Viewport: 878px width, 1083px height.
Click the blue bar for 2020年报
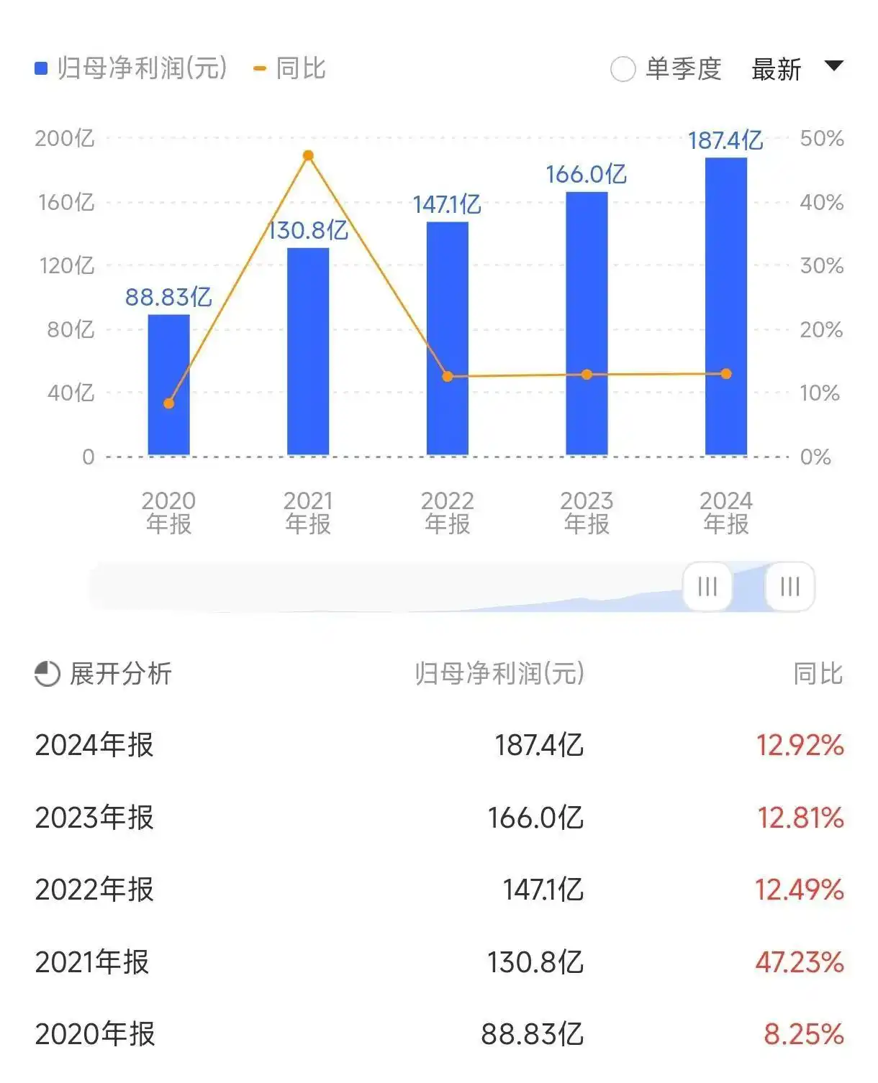[x=168, y=385]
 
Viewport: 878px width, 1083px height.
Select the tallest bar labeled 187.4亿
[x=725, y=306]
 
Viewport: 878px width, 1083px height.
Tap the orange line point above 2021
[x=308, y=155]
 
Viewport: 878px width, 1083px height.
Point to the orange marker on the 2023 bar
[x=587, y=375]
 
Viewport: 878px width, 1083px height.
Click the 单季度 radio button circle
[x=623, y=70]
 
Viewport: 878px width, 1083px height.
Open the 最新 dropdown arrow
[x=833, y=66]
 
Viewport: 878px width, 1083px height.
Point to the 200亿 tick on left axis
[x=65, y=138]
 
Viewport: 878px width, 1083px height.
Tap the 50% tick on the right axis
[x=821, y=138]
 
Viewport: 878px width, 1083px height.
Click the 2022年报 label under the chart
[x=447, y=512]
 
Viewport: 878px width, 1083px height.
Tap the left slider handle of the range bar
[x=707, y=587]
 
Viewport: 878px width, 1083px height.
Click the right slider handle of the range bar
[x=789, y=587]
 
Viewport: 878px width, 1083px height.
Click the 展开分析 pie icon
[x=47, y=674]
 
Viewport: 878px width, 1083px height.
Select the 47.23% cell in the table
[x=799, y=962]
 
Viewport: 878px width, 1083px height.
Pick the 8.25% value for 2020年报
[x=803, y=1034]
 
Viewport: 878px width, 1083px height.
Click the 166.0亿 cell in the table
[x=535, y=818]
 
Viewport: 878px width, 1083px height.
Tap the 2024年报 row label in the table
[x=94, y=745]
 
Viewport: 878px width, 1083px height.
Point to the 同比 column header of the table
[x=818, y=674]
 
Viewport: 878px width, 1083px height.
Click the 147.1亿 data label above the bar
[x=447, y=205]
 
